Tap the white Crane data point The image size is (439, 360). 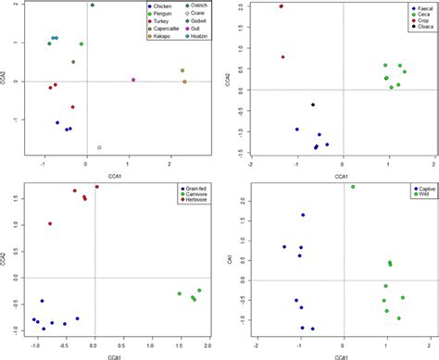click(100, 147)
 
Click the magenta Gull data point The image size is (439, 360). click(134, 81)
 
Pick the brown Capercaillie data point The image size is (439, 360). click(74, 62)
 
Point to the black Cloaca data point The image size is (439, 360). click(313, 105)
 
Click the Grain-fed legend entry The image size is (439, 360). click(190, 189)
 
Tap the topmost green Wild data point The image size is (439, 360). click(353, 187)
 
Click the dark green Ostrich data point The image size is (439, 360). click(93, 6)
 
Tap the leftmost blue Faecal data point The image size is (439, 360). click(296, 130)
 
